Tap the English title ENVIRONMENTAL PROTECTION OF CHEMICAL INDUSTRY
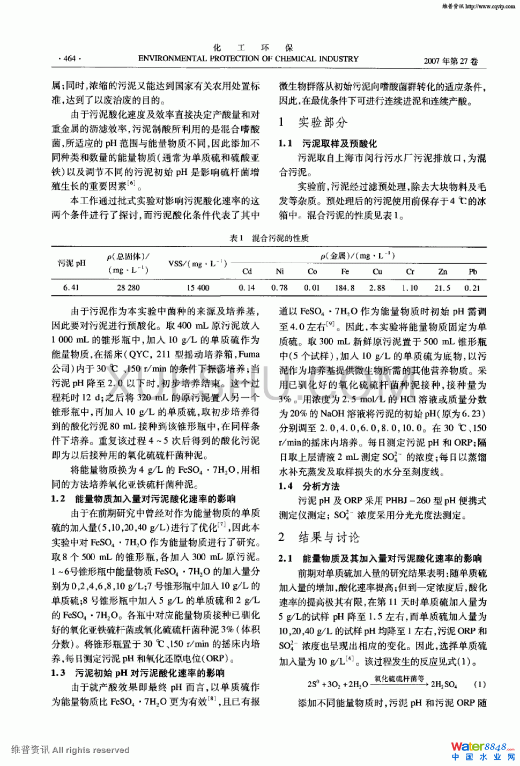[248, 58]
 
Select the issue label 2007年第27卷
[451, 61]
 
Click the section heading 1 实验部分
[313, 122]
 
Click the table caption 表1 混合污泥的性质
[269, 238]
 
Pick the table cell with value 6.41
[71, 288]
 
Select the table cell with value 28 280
[128, 288]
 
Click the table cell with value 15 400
[198, 288]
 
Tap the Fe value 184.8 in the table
[345, 288]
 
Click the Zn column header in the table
[442, 271]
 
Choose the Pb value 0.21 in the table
[472, 288]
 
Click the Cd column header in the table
[247, 271]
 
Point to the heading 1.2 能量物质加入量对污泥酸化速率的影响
[143, 499]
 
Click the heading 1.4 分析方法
[309, 486]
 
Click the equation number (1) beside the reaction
[480, 684]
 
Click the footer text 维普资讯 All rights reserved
[70, 750]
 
